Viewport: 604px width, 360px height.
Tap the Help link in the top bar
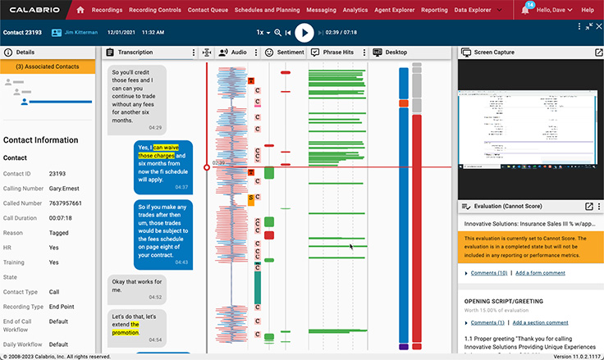tap(587, 10)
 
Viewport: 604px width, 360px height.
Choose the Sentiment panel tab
tap(290, 52)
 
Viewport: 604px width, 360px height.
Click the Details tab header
tap(25, 52)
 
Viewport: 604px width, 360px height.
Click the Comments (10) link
tap(488, 272)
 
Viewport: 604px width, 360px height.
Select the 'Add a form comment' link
tap(540, 272)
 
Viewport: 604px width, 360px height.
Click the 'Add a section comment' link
tap(540, 322)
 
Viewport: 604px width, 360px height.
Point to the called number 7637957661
tap(66, 203)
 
